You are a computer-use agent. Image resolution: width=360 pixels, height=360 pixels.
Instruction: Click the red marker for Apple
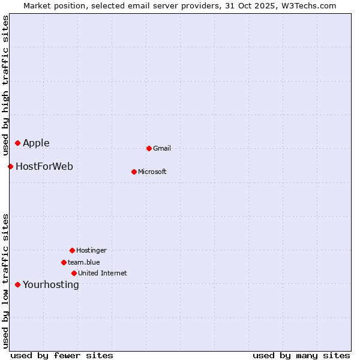point(17,143)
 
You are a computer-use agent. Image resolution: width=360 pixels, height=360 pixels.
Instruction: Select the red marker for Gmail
point(149,148)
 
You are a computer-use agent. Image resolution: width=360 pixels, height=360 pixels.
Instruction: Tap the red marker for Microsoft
point(134,172)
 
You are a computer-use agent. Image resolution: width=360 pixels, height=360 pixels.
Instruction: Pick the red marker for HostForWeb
point(10,166)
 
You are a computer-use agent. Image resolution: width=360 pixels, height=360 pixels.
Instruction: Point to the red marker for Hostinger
point(72,250)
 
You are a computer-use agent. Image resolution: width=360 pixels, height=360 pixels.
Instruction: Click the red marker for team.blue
point(64,262)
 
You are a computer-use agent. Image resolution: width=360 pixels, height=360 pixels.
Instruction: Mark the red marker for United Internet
point(74,273)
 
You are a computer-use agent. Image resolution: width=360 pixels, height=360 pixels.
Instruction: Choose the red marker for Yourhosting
point(17,284)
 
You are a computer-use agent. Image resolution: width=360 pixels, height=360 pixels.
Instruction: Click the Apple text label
point(36,143)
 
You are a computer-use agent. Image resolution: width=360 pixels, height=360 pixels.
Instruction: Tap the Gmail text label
point(162,148)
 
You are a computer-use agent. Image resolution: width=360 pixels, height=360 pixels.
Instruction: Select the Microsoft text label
point(152,172)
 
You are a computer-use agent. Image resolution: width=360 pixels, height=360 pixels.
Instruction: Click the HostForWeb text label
point(44,166)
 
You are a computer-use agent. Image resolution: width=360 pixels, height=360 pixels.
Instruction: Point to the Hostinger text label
point(91,250)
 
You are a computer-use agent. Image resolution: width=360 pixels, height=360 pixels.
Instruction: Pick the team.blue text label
point(84,262)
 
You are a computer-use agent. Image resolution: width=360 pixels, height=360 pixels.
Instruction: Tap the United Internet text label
point(103,273)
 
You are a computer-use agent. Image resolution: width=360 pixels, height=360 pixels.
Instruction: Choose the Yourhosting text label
point(51,284)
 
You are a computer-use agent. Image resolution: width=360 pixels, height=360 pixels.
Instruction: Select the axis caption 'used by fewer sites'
point(62,355)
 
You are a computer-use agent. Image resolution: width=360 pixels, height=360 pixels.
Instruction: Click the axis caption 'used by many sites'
point(301,355)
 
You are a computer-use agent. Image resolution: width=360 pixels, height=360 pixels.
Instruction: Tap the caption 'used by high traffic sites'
point(5,83)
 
